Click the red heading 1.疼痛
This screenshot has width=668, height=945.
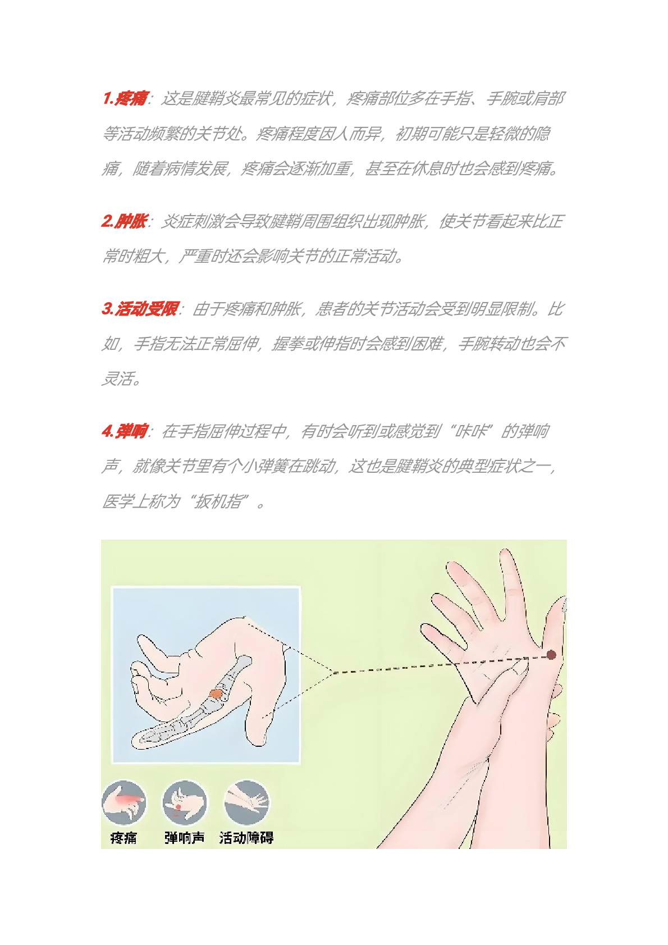125,98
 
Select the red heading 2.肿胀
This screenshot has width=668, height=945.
125,221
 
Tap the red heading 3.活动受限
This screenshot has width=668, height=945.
140,309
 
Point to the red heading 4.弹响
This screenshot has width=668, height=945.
125,431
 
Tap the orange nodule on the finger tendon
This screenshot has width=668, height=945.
216,693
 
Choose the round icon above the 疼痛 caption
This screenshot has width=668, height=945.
124,803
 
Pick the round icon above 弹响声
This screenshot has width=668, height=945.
185,803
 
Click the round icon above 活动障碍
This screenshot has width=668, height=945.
246,803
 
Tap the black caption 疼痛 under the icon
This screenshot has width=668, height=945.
123,838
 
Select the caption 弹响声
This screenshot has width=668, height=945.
185,838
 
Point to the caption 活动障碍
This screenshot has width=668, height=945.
246,838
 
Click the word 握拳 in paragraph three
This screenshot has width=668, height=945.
287,344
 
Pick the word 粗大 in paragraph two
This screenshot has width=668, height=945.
148,256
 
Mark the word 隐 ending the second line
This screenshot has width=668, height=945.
543,133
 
